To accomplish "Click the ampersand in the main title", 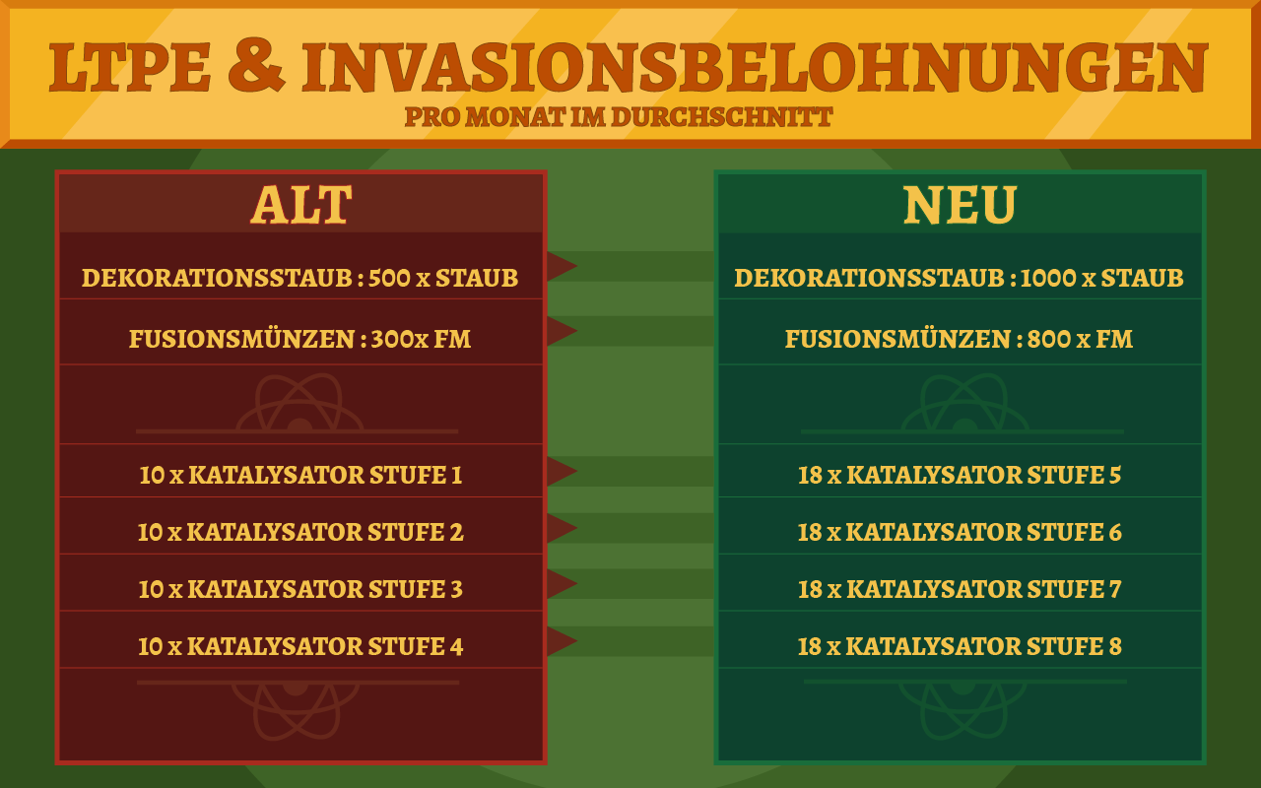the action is pyautogui.click(x=257, y=66).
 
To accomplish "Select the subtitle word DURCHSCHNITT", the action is pyautogui.click(x=722, y=117).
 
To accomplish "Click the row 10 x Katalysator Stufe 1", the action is pyautogui.click(x=301, y=475).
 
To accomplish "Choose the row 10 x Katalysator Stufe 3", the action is pyautogui.click(x=301, y=589).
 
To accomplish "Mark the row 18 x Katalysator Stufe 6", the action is pyautogui.click(x=960, y=533).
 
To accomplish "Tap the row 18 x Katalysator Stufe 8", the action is pyautogui.click(x=960, y=646).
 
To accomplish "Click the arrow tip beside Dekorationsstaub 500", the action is pyautogui.click(x=576, y=266).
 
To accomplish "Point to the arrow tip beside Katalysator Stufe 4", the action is pyautogui.click(x=576, y=641).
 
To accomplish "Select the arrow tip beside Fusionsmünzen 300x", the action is pyautogui.click(x=576, y=331).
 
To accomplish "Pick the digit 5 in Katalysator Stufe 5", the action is pyautogui.click(x=1115, y=475).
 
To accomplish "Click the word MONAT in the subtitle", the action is pyautogui.click(x=515, y=117).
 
